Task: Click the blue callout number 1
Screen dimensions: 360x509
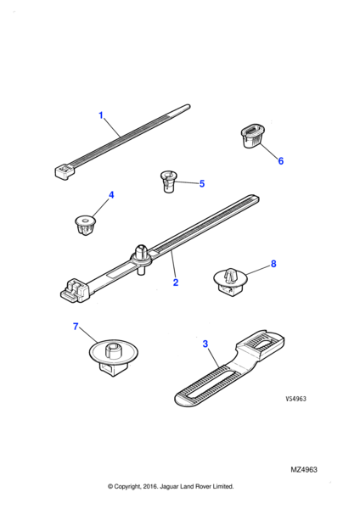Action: point(101,115)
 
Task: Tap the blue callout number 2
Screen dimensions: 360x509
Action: point(176,282)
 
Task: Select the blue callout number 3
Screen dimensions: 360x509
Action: point(205,344)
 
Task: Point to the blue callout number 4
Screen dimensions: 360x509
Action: point(111,195)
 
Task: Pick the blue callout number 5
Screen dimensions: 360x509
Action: point(202,184)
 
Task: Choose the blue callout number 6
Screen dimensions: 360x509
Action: point(281,160)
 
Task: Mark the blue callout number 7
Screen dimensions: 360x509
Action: point(76,327)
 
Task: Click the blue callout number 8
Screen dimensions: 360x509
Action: point(273,264)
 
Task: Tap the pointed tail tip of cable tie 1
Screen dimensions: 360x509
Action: point(188,106)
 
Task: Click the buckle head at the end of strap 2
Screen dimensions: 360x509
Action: point(75,289)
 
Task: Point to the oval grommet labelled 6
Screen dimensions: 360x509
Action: point(252,136)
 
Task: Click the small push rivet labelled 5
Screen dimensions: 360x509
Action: point(168,182)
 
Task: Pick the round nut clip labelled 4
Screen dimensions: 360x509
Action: point(85,225)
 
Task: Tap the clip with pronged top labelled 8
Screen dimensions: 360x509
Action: point(230,282)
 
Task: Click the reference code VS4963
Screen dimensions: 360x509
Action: point(295,399)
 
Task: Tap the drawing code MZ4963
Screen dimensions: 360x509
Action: point(304,469)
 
